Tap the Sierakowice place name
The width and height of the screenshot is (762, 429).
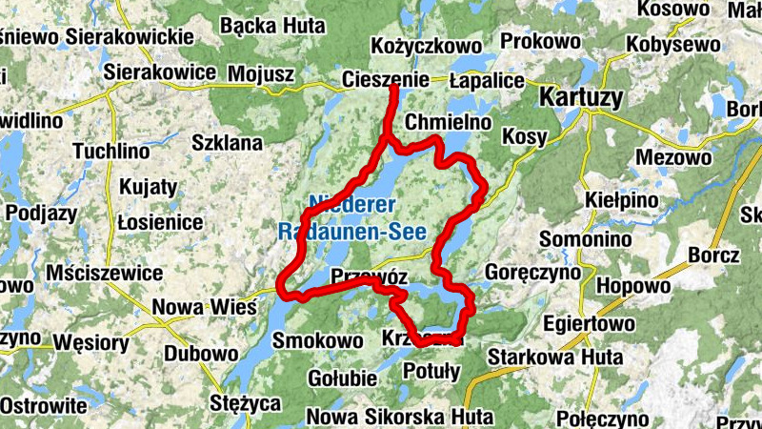coord(147,71)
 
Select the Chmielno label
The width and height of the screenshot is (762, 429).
coord(448,123)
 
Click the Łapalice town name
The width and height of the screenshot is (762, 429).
coord(487,80)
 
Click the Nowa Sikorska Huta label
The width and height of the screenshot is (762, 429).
coord(400,417)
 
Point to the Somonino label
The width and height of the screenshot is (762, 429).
coord(580,237)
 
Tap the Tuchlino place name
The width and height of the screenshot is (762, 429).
coord(111,152)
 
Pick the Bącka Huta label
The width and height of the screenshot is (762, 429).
coord(260,27)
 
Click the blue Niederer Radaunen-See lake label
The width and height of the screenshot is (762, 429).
coord(366,217)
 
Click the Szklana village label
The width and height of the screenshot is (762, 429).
coord(227,143)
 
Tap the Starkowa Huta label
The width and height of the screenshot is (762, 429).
coord(554,357)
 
